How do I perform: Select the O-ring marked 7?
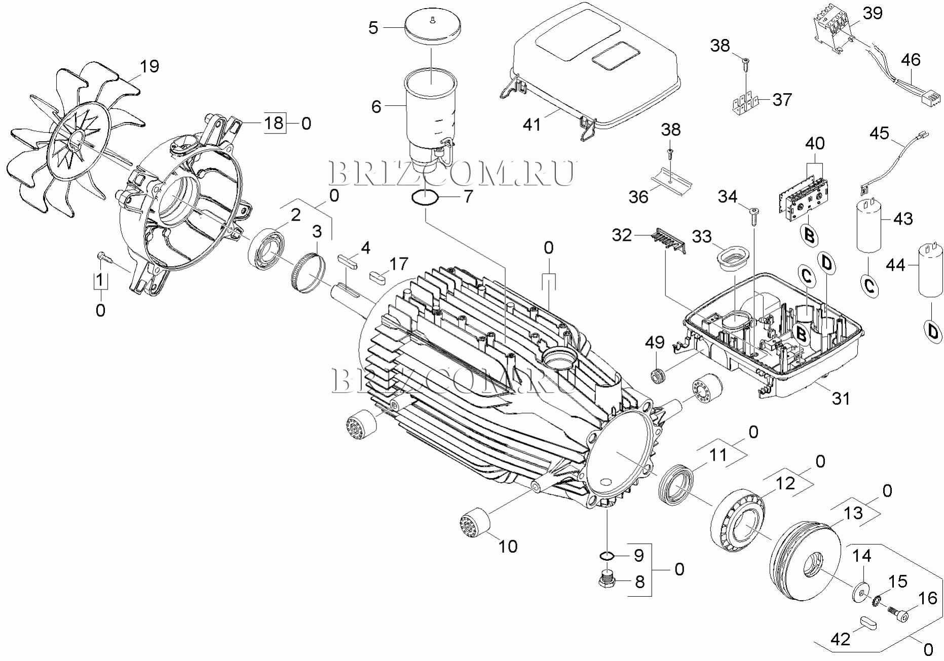pos(425,198)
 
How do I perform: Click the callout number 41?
pos(532,125)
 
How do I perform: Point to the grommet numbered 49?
pos(658,377)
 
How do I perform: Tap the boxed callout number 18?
pos(275,123)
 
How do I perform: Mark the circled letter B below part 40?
pos(809,236)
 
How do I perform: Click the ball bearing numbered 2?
pos(268,250)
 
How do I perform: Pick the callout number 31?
pos(841,398)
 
